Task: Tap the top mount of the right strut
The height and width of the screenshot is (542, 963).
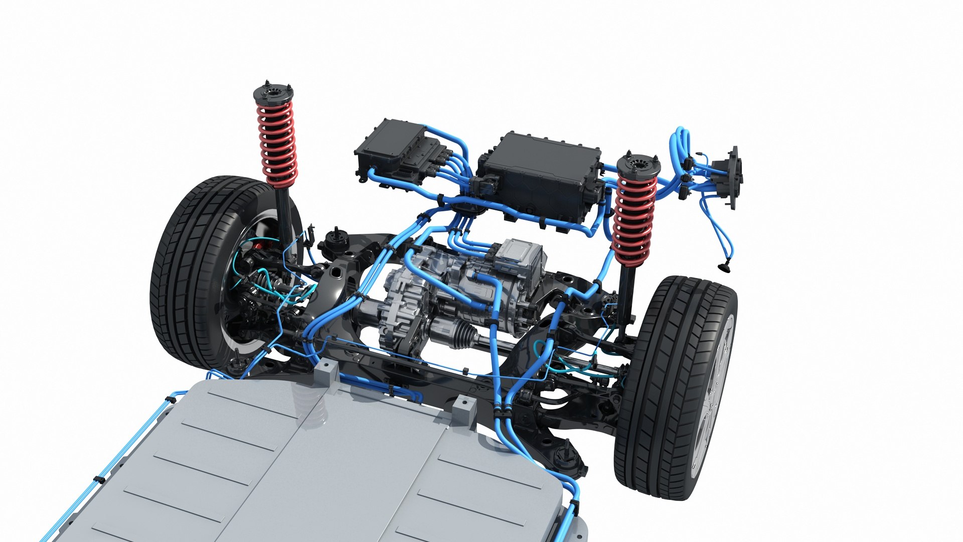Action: tap(638, 165)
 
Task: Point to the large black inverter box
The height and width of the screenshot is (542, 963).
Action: tap(542, 176)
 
